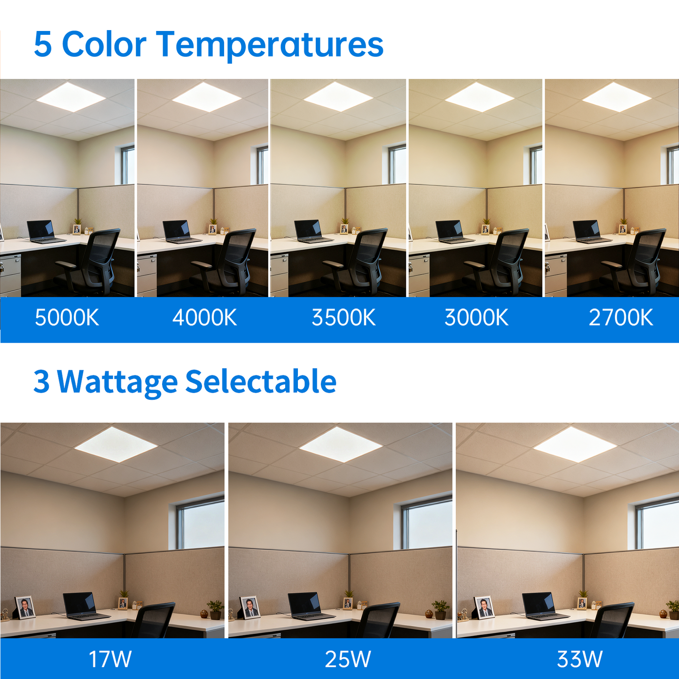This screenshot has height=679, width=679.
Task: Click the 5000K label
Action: [x=67, y=318]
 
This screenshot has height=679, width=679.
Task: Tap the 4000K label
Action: [x=204, y=318]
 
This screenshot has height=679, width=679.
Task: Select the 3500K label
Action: [x=343, y=318]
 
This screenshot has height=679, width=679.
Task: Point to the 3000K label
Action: [x=476, y=318]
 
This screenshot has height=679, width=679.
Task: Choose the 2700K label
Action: [x=621, y=318]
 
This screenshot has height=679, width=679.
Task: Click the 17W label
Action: [x=110, y=659]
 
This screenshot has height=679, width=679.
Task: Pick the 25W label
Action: [x=348, y=659]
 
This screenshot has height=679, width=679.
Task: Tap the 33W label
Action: [x=579, y=659]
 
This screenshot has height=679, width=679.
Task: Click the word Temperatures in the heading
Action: [x=270, y=45]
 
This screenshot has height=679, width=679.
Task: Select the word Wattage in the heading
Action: [x=117, y=382]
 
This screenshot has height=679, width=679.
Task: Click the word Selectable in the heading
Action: [x=261, y=381]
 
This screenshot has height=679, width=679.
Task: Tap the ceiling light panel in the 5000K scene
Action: [x=70, y=97]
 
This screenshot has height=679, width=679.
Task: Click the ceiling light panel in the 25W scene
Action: [x=341, y=445]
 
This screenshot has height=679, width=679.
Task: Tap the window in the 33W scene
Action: [x=658, y=524]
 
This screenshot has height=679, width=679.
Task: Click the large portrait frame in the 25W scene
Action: [x=250, y=608]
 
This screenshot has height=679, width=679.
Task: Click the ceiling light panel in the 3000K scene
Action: [x=479, y=97]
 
